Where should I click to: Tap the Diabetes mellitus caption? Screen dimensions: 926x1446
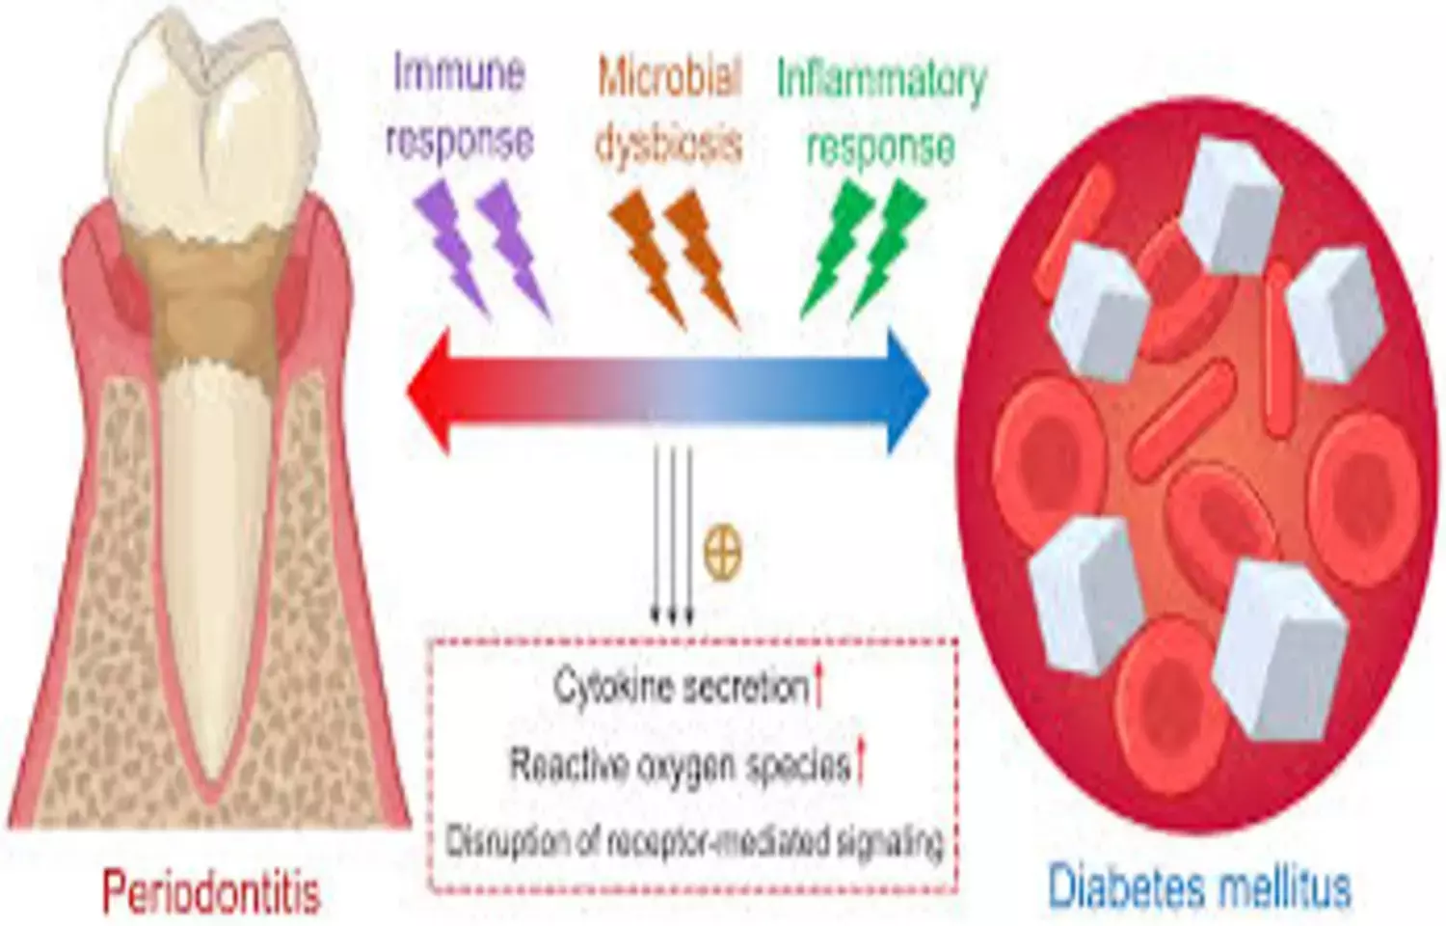[1199, 886]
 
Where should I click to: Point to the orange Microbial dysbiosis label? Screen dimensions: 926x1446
[669, 108]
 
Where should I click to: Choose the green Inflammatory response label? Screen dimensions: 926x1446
[881, 111]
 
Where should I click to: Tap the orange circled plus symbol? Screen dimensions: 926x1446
[723, 554]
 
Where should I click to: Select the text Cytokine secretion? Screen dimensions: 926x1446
[681, 687]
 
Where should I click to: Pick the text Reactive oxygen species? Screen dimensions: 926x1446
[680, 765]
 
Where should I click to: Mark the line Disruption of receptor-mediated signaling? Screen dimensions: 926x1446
[693, 841]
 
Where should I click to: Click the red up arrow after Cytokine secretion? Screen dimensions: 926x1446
[819, 688]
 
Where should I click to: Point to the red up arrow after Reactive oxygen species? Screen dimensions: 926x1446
[861, 765]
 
